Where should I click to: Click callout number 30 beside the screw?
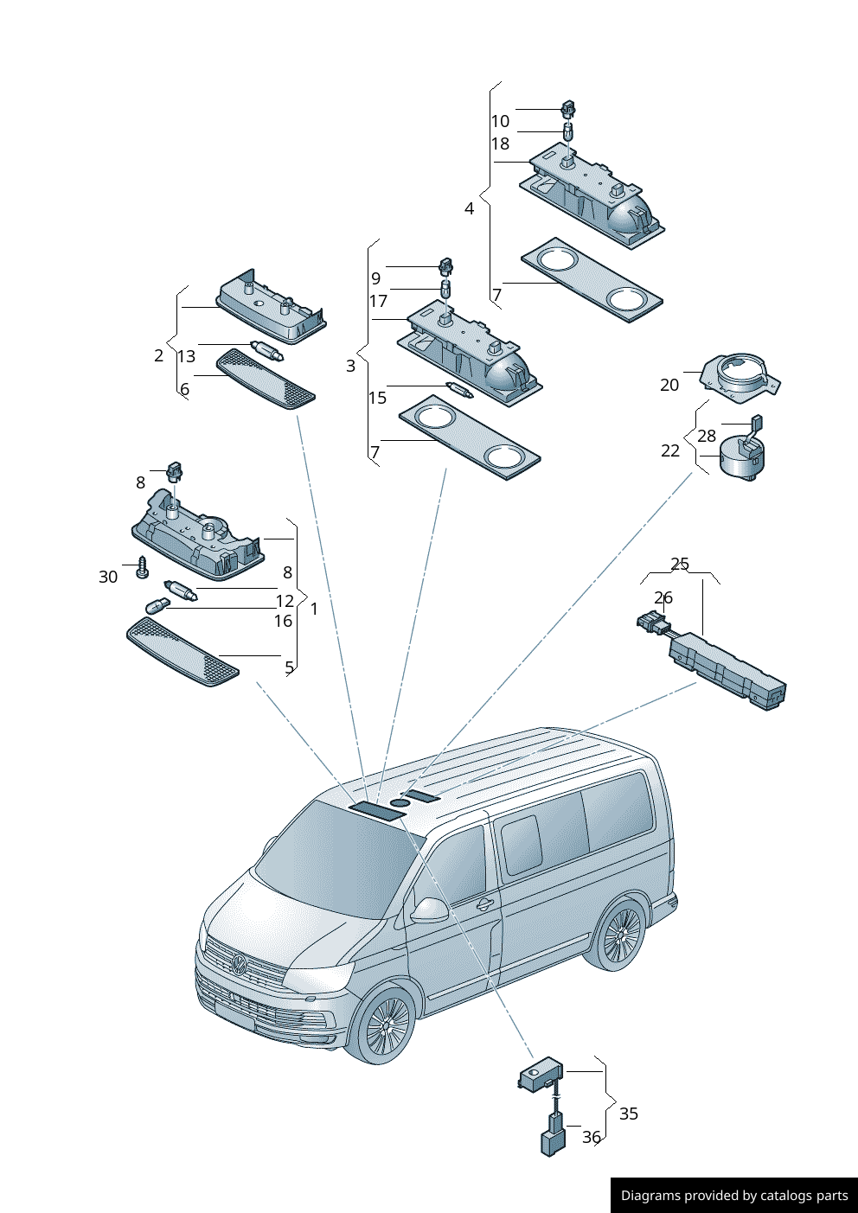[108, 577]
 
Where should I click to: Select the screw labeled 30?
[144, 568]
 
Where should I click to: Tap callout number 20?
[669, 385]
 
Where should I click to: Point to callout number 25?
[680, 564]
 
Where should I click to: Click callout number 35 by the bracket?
[629, 1114]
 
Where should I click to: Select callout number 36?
[591, 1137]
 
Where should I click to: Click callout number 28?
[707, 436]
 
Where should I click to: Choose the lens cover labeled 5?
[182, 653]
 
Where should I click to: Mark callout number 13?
[187, 356]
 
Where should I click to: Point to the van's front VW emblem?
[239, 964]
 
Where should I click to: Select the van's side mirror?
[429, 910]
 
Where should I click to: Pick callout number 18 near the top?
[501, 144]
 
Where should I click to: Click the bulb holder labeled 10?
[568, 110]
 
